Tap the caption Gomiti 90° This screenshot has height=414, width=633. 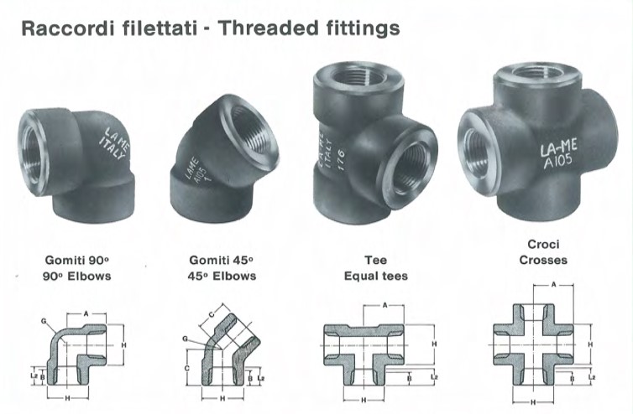coord(76,260)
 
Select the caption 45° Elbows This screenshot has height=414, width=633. coord(222,276)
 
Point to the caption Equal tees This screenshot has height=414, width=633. coord(376,276)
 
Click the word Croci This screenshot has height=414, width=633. coord(543,244)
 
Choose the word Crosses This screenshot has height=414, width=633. coord(543,260)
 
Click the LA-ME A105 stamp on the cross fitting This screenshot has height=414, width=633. coord(559,153)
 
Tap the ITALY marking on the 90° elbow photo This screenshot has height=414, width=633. coord(112,149)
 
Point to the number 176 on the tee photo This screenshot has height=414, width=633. coord(340,159)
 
